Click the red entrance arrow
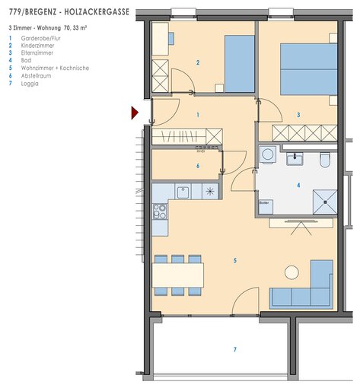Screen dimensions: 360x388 [x=135, y=113]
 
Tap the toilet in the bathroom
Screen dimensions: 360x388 [x=325, y=160]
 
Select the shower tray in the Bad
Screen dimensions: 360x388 [x=325, y=202]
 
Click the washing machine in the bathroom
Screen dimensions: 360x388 [x=268, y=154]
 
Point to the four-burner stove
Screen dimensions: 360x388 [x=160, y=211]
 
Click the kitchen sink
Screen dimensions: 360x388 [x=183, y=192]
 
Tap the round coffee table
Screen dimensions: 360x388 [x=292, y=272]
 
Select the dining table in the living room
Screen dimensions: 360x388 [x=178, y=275]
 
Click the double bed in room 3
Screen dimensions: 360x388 [x=309, y=69]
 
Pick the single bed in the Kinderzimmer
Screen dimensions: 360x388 [x=240, y=64]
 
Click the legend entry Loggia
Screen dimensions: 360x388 [x=30, y=84]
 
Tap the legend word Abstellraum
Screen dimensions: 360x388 [x=36, y=75]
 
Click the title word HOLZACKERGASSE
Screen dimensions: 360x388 [x=97, y=12]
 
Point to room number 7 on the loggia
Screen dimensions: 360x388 [x=235, y=349]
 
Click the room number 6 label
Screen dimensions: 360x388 [x=198, y=166]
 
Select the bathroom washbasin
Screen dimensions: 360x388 [x=295, y=159]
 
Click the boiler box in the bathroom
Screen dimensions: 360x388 [x=266, y=207]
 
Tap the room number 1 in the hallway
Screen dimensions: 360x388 [x=198, y=115]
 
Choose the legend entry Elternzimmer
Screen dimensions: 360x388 [x=37, y=52]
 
